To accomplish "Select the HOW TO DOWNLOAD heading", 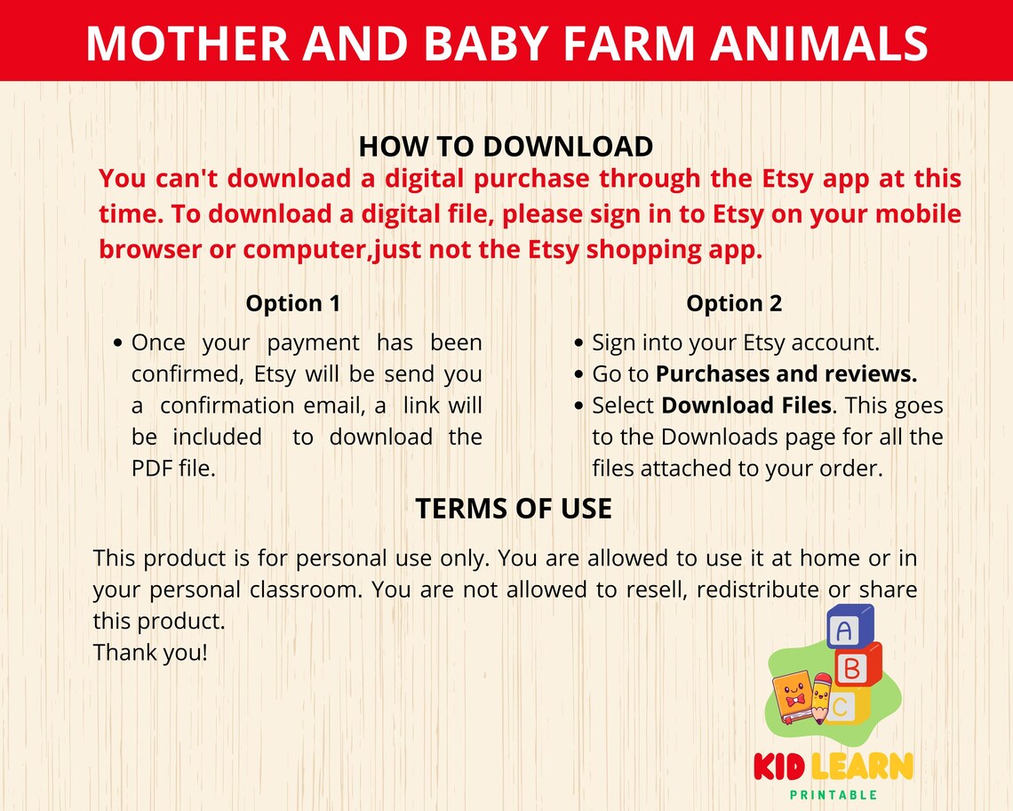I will [506, 146].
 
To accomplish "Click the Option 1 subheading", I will [293, 303].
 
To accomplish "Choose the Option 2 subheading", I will [734, 303].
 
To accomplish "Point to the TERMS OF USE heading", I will [514, 509].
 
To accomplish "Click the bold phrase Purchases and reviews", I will [786, 374].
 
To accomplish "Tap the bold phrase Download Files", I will [746, 405].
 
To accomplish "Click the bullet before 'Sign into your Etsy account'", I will [579, 343].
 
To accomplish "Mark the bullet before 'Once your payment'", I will [119, 343].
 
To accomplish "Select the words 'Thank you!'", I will [150, 653].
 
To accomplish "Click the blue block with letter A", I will [849, 629].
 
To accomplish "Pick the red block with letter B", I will [858, 667].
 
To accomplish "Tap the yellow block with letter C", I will [844, 707].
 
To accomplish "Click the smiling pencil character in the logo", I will [820, 699].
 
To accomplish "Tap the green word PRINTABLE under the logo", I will [833, 795].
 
